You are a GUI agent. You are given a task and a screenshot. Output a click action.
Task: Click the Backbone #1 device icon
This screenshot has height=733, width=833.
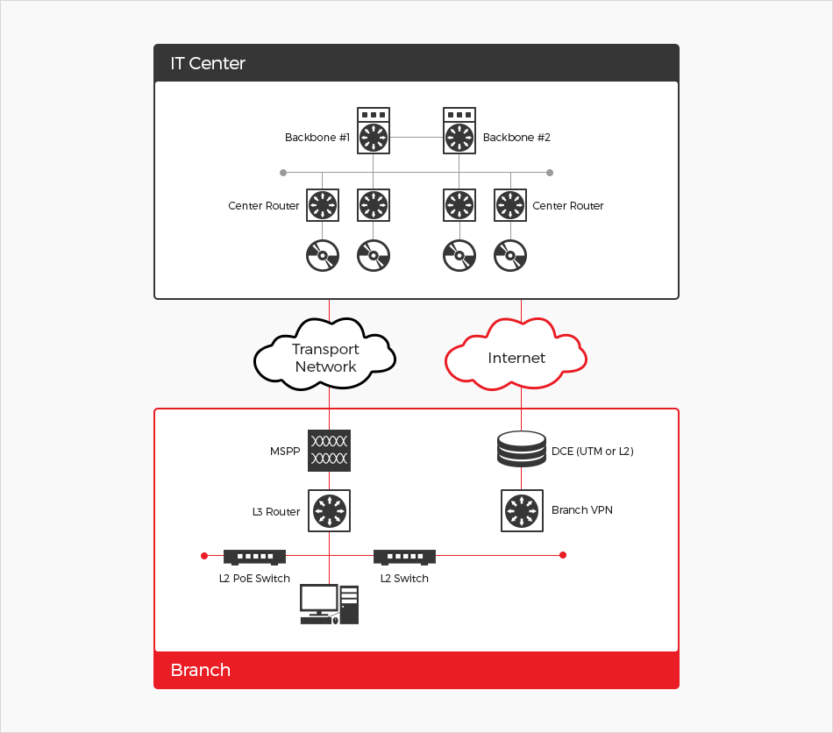[374, 131]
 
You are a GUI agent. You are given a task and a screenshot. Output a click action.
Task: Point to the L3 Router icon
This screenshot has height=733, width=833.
[330, 510]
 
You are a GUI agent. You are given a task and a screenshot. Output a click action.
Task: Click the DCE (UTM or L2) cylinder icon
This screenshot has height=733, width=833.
[522, 450]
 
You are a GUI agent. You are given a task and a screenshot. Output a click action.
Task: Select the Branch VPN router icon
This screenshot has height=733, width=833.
[522, 510]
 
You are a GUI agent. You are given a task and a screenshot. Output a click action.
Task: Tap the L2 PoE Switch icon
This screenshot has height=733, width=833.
[254, 556]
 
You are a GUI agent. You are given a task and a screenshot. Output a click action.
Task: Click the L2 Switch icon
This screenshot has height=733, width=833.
[404, 556]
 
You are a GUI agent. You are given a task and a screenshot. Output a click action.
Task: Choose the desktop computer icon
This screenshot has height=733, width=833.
[330, 604]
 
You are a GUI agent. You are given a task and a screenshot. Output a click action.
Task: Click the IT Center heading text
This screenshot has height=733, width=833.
[208, 64]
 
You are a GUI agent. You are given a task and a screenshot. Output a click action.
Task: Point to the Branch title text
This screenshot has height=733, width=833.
[201, 670]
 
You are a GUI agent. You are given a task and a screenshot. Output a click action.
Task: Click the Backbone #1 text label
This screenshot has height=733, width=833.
[317, 138]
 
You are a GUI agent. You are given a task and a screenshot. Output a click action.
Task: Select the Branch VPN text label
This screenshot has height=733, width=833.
[581, 510]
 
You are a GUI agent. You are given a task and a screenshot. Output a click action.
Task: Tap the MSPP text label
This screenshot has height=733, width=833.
[285, 452]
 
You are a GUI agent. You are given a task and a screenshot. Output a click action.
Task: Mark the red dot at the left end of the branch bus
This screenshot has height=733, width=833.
[204, 555]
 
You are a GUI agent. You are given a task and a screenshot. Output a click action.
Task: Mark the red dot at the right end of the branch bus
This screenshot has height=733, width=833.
[563, 555]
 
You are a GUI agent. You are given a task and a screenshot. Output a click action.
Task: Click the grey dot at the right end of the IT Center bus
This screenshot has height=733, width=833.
[550, 173]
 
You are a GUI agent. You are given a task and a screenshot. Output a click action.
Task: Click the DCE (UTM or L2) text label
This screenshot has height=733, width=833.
[592, 452]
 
